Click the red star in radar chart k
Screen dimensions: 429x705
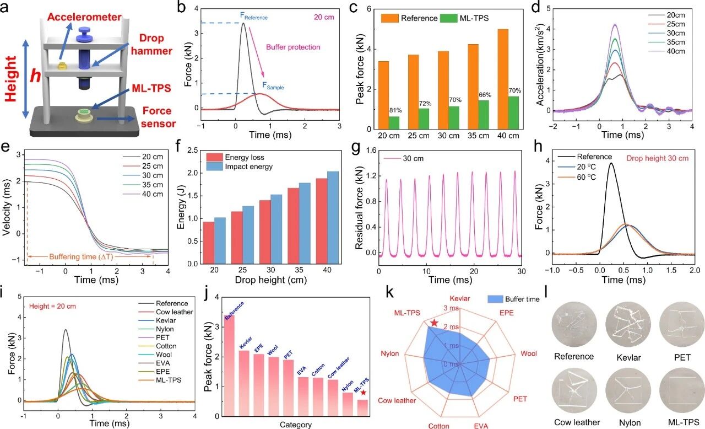click(x=434, y=322)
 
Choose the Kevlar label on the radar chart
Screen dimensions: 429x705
click(x=459, y=298)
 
